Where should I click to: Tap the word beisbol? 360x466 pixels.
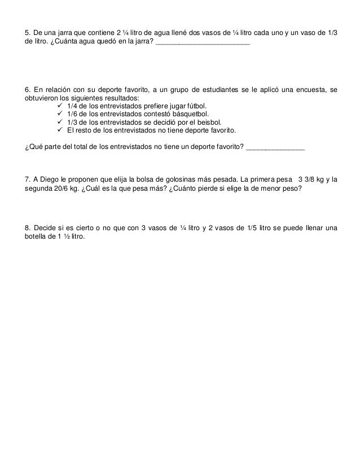click(210, 121)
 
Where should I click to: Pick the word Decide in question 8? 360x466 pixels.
click(46, 228)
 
